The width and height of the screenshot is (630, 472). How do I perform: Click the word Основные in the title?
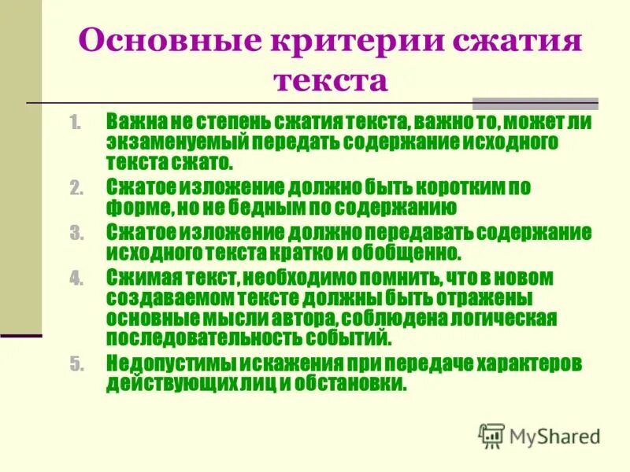[154, 40]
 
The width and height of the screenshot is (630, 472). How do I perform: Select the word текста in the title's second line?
[331, 80]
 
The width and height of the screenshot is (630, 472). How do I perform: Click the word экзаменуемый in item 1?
[166, 143]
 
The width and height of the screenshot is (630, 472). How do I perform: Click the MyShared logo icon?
[492, 434]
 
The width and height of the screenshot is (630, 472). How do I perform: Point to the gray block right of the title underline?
[535, 103]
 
